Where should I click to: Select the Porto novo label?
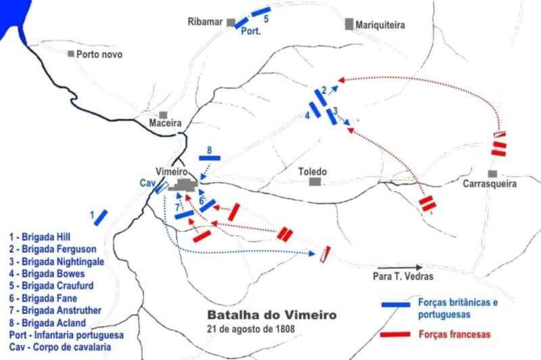99,54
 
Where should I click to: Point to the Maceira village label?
165,124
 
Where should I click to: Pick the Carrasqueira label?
490,184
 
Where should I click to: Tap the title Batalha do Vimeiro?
270,315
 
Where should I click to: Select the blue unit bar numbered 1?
101,217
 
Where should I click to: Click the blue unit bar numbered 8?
210,158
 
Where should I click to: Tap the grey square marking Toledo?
314,181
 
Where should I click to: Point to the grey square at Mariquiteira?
349,24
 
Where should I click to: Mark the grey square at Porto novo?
70,53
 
